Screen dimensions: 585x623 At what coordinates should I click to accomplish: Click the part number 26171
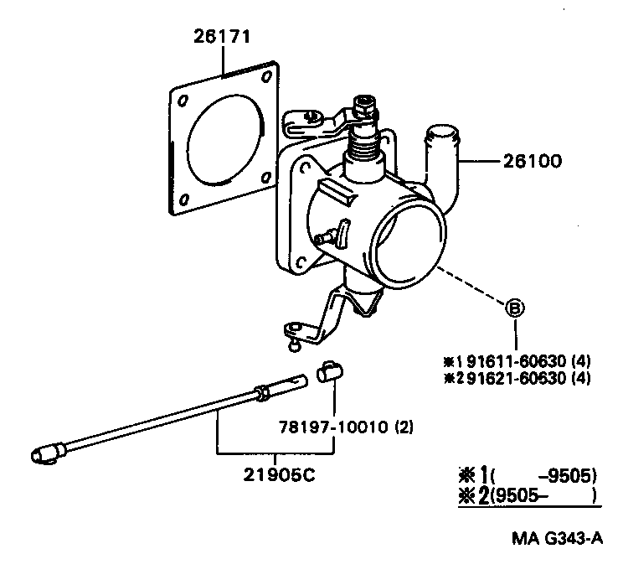pos(223,36)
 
